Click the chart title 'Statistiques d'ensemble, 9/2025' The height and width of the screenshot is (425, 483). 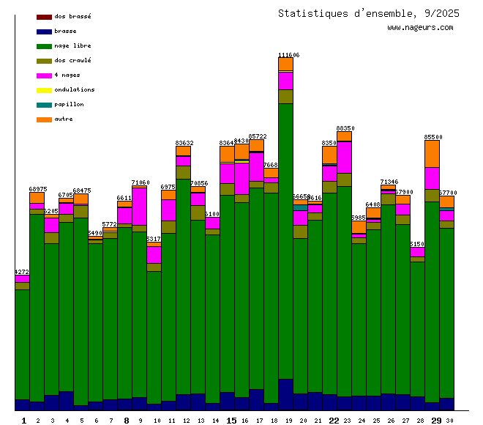pos(369,13)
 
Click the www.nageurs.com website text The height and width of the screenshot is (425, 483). pos(420,27)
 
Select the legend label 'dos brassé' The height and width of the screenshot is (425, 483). pos(72,16)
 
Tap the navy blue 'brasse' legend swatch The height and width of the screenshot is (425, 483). pos(44,32)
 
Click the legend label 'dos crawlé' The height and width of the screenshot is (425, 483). pos(72,60)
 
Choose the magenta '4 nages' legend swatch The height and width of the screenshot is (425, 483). pos(44,75)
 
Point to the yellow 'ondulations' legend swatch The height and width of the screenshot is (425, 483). pos(44,90)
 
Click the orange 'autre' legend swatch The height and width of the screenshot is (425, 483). pos(44,119)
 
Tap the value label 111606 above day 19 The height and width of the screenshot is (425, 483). pos(288,55)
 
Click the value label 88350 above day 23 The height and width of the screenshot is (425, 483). pos(345,128)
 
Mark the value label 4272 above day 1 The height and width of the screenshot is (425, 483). pos(22,272)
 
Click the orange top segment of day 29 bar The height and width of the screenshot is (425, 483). pos(432,153)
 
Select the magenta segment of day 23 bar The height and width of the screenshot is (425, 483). pos(344,157)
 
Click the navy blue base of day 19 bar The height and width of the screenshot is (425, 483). pos(285,394)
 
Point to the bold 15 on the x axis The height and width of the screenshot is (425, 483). pos(231,421)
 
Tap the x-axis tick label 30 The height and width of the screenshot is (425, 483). pos(449,421)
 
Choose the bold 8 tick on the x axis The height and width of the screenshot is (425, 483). pos(126,421)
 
